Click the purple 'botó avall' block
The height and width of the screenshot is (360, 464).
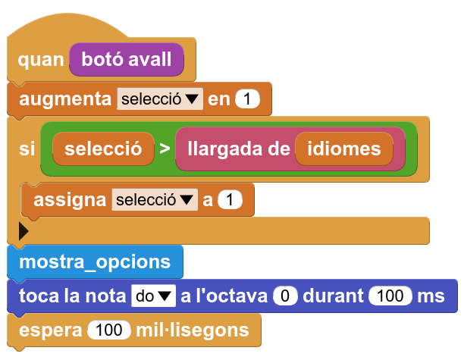(x=127, y=59)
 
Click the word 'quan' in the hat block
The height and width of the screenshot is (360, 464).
(x=41, y=60)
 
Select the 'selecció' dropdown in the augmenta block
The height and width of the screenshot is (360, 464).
(x=160, y=99)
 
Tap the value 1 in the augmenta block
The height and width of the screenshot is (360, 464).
(x=247, y=99)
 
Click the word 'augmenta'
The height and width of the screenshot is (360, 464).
(x=65, y=99)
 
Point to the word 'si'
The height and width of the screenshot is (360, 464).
(x=27, y=149)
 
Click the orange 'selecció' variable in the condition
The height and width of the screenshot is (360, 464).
(x=103, y=149)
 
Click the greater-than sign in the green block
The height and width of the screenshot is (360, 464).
(x=165, y=149)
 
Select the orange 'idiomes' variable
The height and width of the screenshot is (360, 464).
(x=344, y=149)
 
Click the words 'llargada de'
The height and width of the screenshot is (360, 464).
(x=239, y=149)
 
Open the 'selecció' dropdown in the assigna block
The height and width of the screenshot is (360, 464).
(x=155, y=199)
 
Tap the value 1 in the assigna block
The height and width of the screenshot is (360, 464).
(x=230, y=199)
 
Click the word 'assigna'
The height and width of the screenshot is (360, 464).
(x=70, y=200)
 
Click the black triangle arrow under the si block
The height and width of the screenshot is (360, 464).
(x=24, y=231)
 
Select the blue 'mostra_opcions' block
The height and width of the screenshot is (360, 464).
(x=95, y=261)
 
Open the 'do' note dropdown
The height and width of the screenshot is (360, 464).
(x=153, y=296)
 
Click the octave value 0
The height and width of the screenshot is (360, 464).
(x=285, y=296)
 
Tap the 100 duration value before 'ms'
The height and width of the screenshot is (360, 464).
(x=390, y=296)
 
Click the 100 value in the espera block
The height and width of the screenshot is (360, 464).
(x=109, y=330)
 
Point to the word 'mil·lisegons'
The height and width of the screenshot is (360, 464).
(x=193, y=330)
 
